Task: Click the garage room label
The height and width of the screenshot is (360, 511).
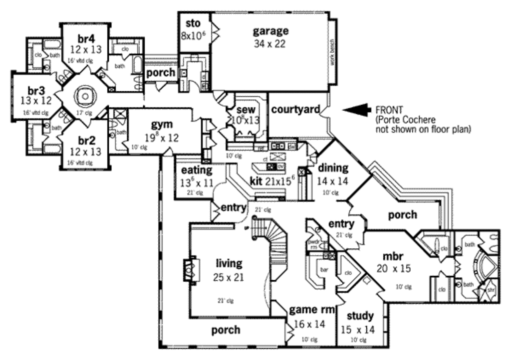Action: [x=270, y=31]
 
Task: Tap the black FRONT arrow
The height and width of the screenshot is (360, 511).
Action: [x=356, y=110]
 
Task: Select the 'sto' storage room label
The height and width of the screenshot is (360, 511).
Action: [x=193, y=23]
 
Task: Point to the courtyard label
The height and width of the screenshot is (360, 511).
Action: [x=295, y=109]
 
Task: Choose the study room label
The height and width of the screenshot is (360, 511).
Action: [x=360, y=316]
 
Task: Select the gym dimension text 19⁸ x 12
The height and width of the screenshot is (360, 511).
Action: [x=161, y=138]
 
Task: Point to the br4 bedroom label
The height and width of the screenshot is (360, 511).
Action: [x=86, y=38]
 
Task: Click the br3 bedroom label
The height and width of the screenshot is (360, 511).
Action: [x=36, y=91]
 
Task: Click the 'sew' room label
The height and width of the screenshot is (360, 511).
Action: [x=246, y=109]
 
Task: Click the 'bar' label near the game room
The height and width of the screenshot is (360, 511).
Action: [x=324, y=269]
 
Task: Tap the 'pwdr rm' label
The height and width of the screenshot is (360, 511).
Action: [x=313, y=244]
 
